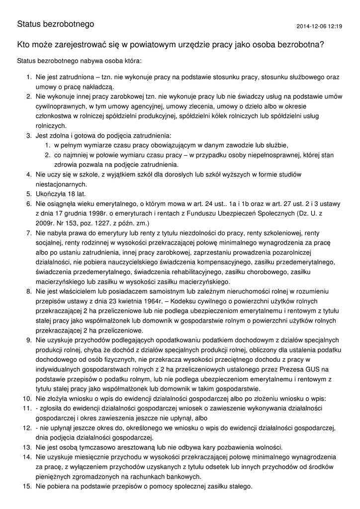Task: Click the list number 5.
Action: (29, 194)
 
